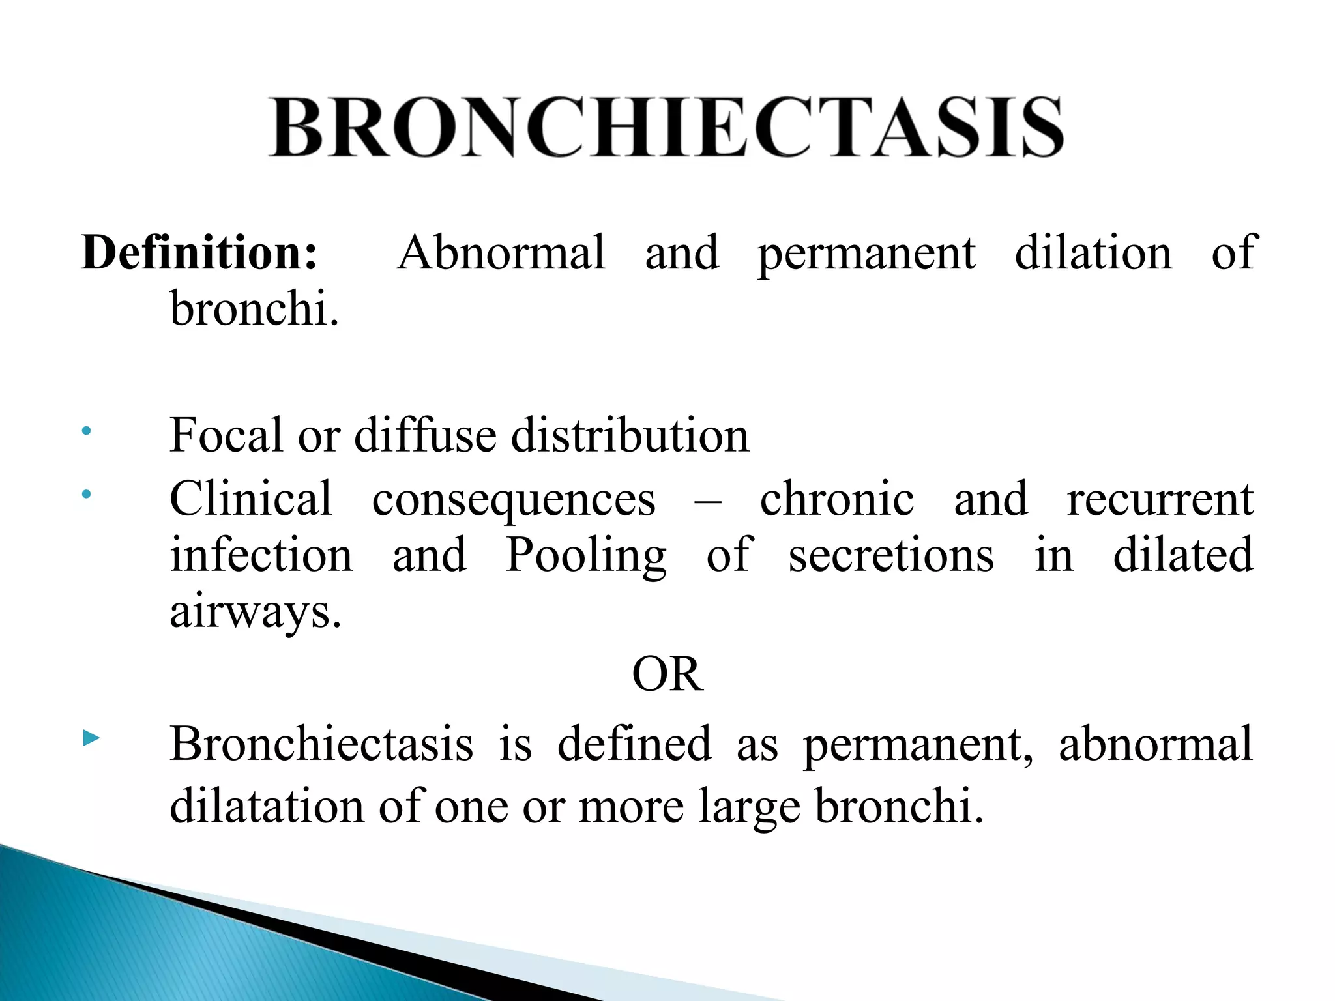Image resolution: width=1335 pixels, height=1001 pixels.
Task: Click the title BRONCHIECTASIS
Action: (x=666, y=128)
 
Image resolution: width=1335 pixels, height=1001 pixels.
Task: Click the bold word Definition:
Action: (x=199, y=253)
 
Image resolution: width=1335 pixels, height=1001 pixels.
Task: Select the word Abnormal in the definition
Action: (x=501, y=253)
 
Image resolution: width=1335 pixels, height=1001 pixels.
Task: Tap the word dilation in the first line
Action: (x=1093, y=253)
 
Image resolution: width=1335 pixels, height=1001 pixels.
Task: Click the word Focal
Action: (x=226, y=435)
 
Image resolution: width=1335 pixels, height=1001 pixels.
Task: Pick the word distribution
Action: (x=630, y=435)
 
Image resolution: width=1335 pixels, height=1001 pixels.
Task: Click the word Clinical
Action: (x=251, y=499)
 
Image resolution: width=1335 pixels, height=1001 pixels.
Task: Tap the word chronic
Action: (x=837, y=499)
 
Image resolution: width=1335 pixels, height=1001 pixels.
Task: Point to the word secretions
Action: (x=891, y=555)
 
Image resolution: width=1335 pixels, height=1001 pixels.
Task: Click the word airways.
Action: (x=255, y=613)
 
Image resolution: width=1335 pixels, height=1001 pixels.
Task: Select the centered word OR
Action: (x=667, y=675)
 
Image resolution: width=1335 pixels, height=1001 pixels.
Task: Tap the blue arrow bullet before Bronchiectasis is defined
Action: (x=91, y=738)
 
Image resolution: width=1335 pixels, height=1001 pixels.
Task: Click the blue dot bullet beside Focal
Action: (x=86, y=431)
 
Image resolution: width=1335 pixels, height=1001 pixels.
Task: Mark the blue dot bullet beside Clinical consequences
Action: (x=86, y=495)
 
